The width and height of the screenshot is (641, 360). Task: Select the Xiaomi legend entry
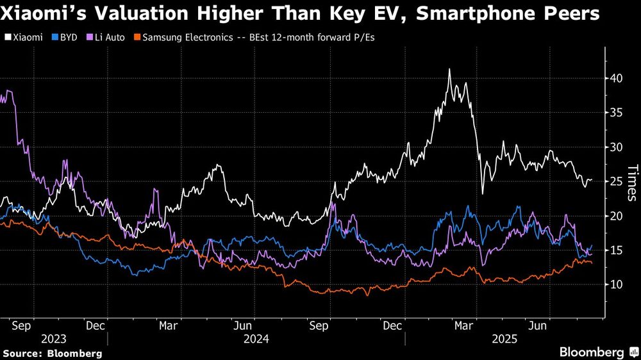26,38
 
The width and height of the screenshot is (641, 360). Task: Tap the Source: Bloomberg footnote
53,353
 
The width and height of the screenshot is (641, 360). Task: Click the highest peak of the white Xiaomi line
449,69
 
